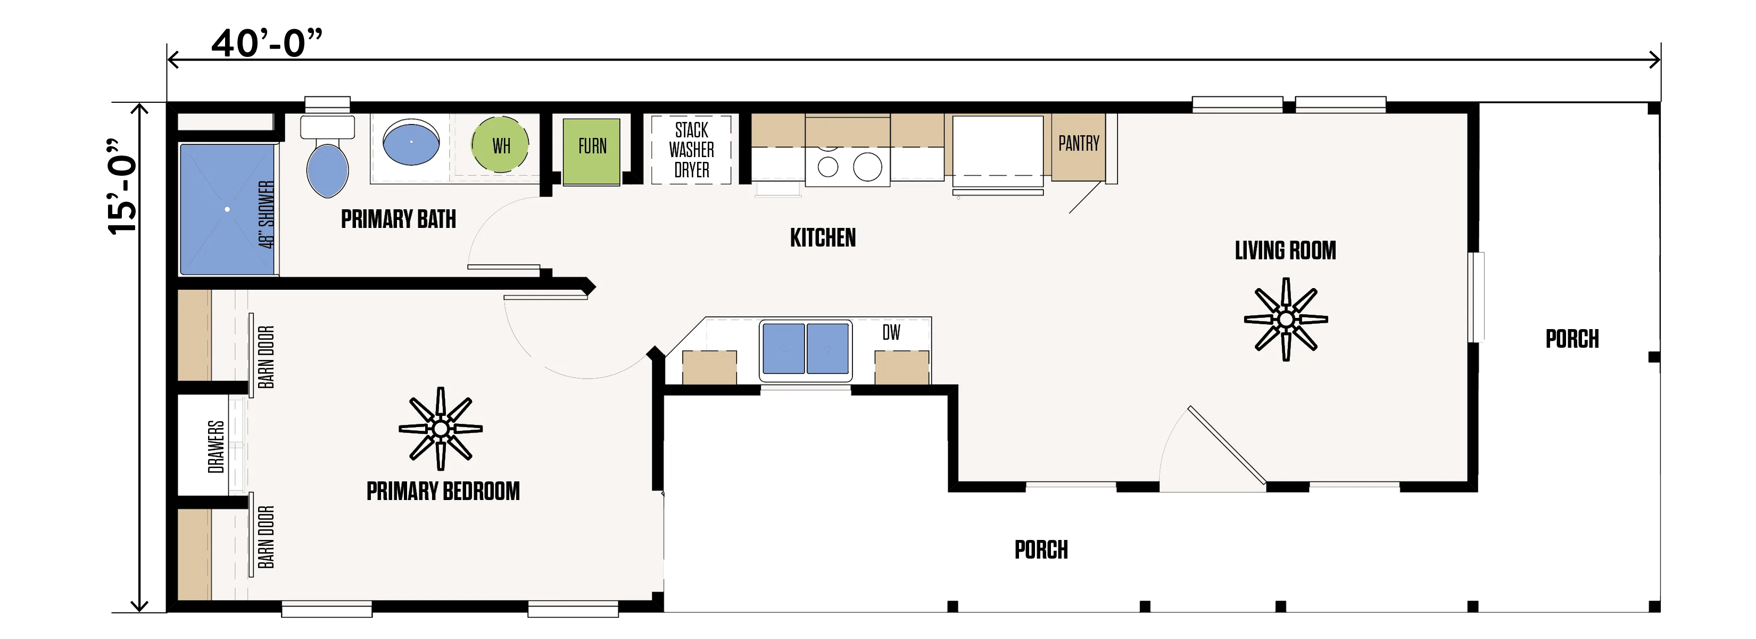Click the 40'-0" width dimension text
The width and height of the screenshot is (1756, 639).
tap(267, 43)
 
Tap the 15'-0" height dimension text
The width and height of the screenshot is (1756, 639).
tap(123, 187)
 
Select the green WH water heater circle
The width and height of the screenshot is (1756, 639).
tap(500, 145)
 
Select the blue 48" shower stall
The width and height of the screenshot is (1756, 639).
tap(228, 209)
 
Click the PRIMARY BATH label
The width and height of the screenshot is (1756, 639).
tap(398, 219)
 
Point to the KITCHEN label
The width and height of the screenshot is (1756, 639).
tap(823, 237)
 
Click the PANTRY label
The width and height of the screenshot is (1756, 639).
tap(1079, 143)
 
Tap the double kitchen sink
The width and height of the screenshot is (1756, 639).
tap(806, 348)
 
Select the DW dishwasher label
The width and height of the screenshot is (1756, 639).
tap(891, 332)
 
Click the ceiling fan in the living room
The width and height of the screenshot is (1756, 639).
tap(1286, 319)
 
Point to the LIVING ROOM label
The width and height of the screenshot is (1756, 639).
tap(1285, 250)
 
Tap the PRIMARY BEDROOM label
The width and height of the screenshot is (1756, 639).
tap(443, 491)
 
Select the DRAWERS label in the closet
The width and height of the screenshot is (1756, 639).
tap(216, 447)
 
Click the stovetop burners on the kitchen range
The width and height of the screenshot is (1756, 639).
tap(847, 166)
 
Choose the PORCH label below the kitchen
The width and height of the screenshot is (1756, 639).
tap(1041, 550)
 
